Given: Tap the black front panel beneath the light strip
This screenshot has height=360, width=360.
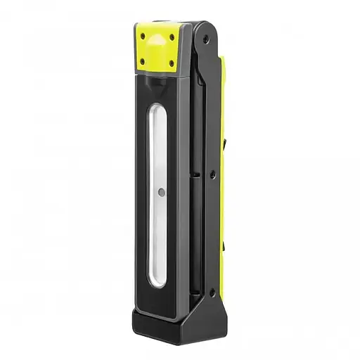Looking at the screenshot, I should click(x=158, y=299).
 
